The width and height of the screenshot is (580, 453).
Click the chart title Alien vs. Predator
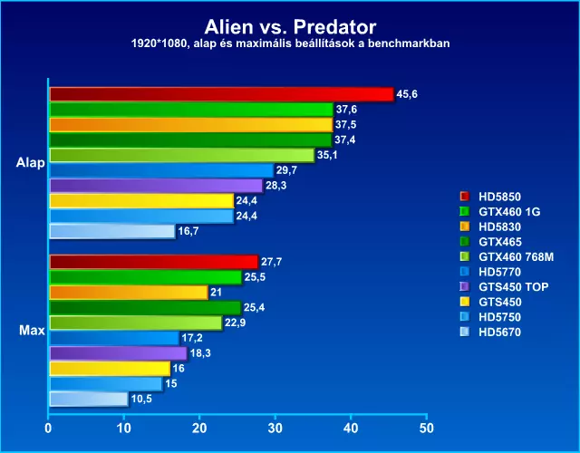tap(290, 26)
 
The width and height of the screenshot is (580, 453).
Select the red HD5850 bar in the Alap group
tap(221, 94)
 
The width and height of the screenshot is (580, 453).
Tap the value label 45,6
tap(407, 94)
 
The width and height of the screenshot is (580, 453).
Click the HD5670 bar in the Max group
tap(89, 399)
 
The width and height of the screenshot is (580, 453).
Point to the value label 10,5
tap(141, 399)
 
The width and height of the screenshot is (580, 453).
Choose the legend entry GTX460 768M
tap(516, 256)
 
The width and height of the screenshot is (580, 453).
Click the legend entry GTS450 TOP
tap(514, 286)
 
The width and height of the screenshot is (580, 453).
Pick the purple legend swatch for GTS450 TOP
tap(465, 286)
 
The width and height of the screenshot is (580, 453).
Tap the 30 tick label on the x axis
tap(275, 429)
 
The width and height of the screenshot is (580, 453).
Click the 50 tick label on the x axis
tap(427, 429)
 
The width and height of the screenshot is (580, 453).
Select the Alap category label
tap(30, 163)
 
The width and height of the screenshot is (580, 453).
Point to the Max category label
tap(32, 330)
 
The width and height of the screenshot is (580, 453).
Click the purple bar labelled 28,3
tap(157, 186)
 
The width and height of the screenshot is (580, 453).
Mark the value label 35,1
tap(327, 155)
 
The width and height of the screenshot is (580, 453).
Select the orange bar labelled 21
tap(129, 293)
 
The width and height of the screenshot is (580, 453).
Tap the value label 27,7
tap(272, 262)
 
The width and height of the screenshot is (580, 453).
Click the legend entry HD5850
tap(499, 197)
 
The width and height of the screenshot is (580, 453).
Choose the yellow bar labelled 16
tap(110, 369)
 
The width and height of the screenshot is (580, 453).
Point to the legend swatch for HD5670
tap(465, 332)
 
